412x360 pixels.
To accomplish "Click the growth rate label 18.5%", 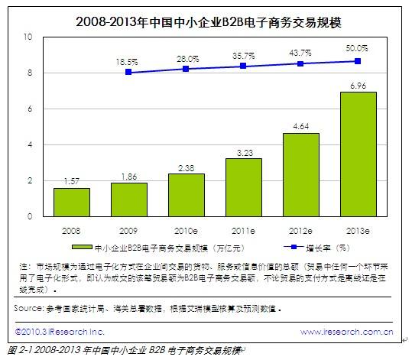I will [x=127, y=60].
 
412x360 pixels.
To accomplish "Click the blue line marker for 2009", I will [x=128, y=72].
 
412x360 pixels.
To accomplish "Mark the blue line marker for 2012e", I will [x=300, y=63].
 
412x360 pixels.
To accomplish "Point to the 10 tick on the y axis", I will [x=28, y=37].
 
